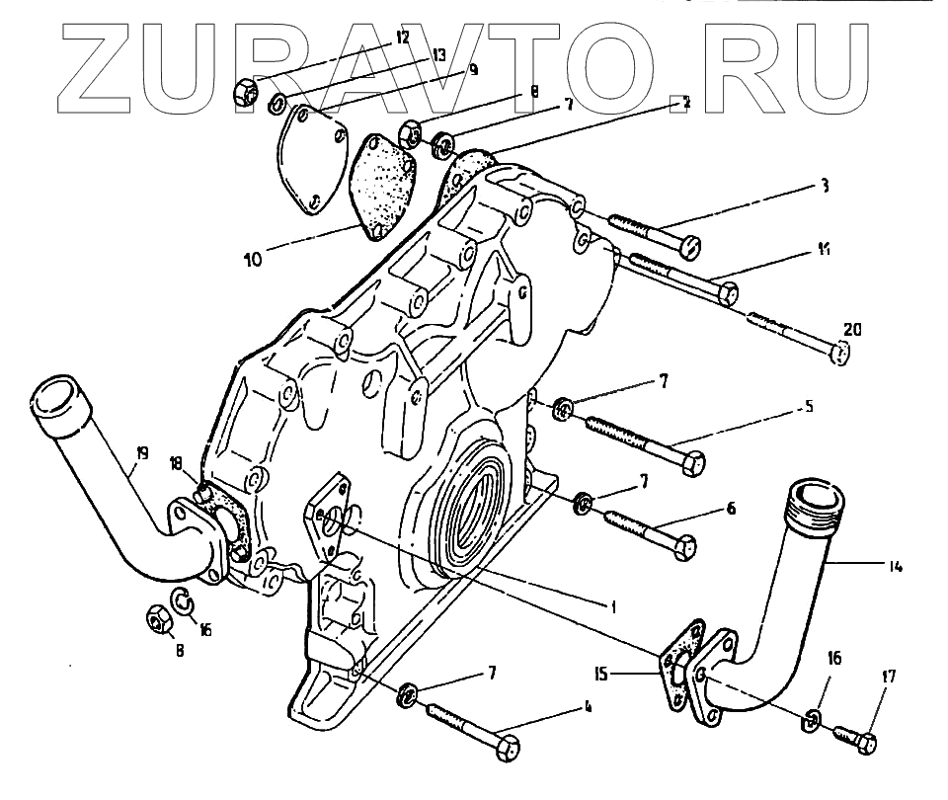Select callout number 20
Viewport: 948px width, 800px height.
pos(851,329)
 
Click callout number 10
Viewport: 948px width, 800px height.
pos(253,260)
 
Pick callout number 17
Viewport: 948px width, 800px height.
pos(890,677)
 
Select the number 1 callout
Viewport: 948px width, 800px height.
pos(611,606)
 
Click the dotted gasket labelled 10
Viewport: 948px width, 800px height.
pos(382,186)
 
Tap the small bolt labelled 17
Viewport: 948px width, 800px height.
pos(855,737)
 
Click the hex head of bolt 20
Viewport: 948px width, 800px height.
pos(840,353)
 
